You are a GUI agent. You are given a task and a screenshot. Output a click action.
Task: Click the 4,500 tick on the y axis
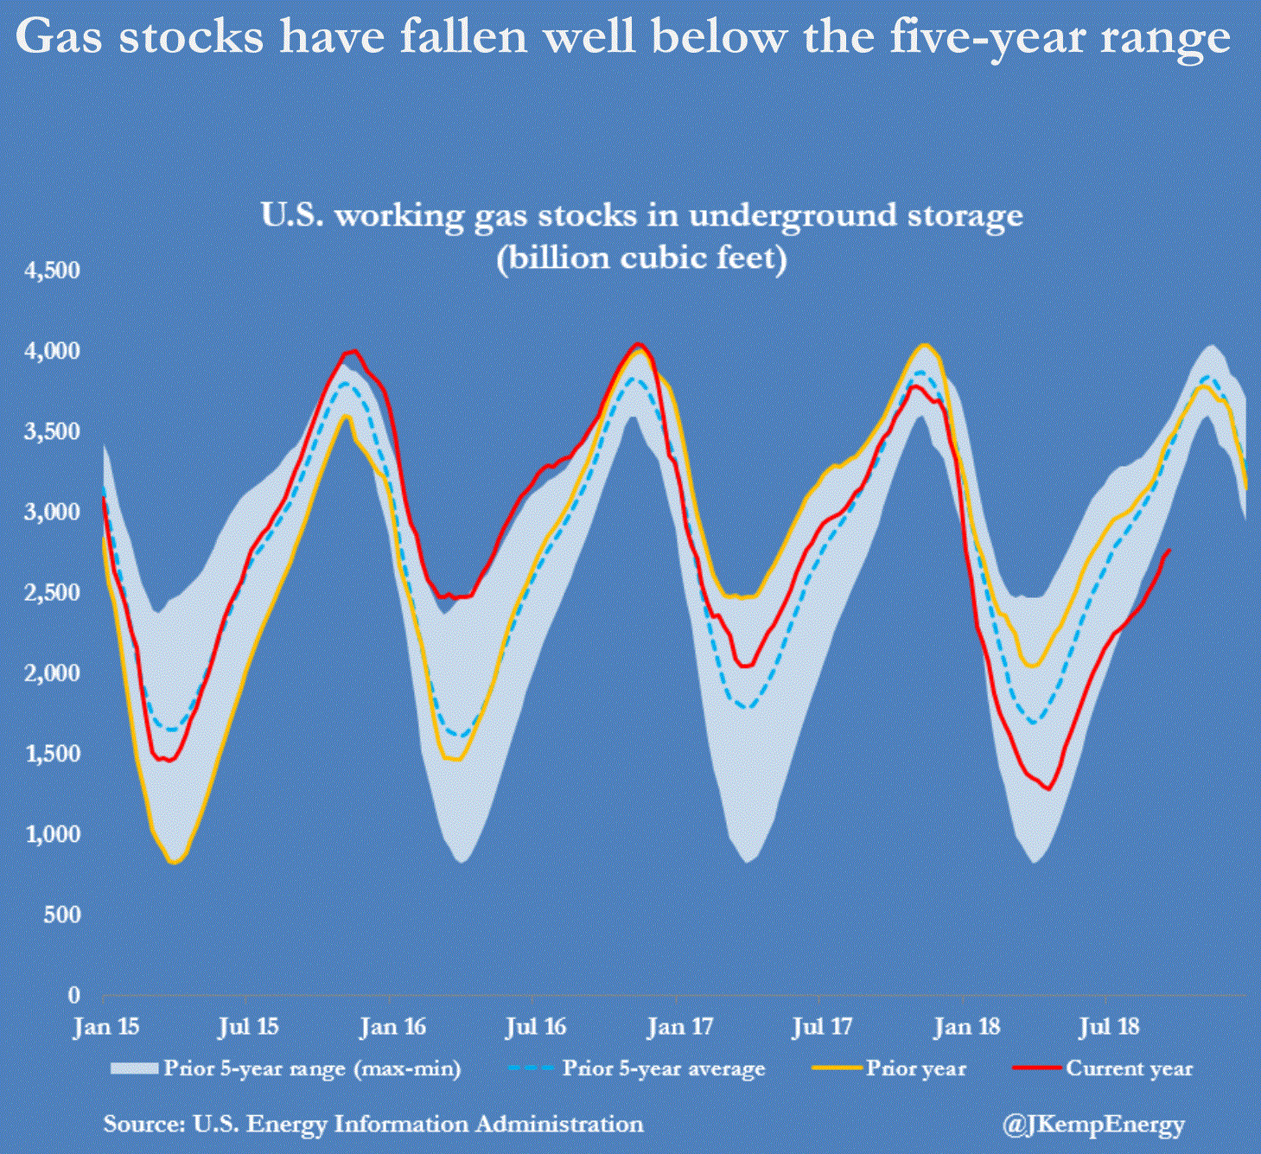[53, 271]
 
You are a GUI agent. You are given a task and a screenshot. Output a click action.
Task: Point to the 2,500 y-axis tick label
[53, 593]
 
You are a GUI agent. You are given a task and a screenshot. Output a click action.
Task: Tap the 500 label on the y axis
[62, 915]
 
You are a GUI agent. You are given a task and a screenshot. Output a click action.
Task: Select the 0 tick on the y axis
[75, 995]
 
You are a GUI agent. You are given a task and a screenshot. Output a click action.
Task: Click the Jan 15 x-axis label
[105, 1027]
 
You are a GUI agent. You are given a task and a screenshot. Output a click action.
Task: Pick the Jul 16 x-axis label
[536, 1027]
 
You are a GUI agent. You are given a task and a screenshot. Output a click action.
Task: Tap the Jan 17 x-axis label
[680, 1027]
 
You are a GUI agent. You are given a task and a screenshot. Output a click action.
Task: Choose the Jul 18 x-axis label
[1110, 1027]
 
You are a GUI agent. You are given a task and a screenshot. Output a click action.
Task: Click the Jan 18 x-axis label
[966, 1027]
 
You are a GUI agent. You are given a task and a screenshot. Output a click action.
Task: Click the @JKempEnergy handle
[1093, 1125]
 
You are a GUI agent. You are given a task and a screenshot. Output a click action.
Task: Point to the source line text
[373, 1124]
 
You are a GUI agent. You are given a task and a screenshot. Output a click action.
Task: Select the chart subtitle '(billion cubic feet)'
[641, 258]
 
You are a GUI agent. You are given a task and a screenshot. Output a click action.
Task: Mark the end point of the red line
[1170, 550]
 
